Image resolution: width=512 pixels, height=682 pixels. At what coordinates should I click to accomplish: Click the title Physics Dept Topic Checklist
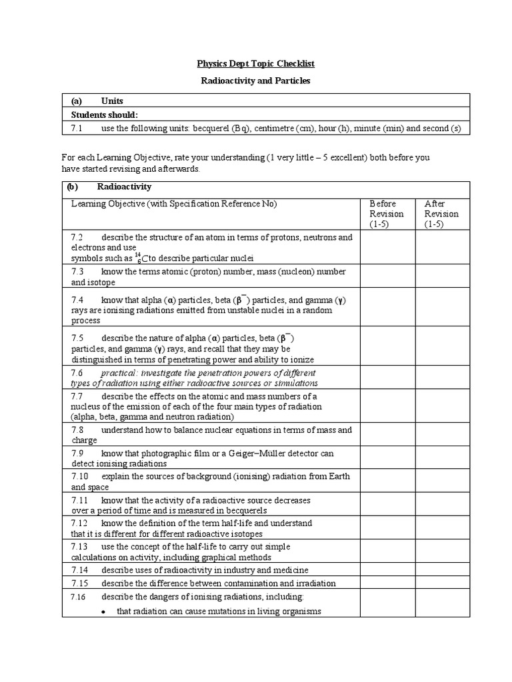(x=256, y=64)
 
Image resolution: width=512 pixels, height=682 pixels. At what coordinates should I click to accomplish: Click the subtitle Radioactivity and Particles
(x=256, y=81)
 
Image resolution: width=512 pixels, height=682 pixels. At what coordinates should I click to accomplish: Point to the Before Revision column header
(x=387, y=214)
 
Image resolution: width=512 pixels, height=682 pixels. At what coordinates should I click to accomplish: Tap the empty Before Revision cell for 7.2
(x=388, y=247)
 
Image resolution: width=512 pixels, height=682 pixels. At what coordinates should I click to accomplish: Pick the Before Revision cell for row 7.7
(x=388, y=406)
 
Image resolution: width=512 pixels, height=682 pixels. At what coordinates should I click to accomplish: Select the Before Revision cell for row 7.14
(x=388, y=570)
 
